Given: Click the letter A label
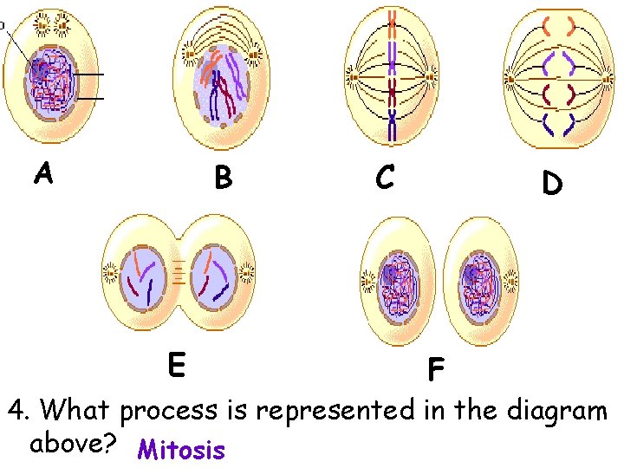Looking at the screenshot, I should point(43,174).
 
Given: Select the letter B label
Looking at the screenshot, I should point(223,178).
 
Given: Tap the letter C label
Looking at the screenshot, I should point(386,177).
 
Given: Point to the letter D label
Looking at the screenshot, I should point(551,183).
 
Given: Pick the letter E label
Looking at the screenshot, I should point(175,365).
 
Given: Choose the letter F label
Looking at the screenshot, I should point(435,371).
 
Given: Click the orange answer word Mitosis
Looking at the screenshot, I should point(181,451).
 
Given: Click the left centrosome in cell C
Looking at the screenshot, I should point(352,79).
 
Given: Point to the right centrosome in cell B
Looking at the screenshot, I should point(256,59).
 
